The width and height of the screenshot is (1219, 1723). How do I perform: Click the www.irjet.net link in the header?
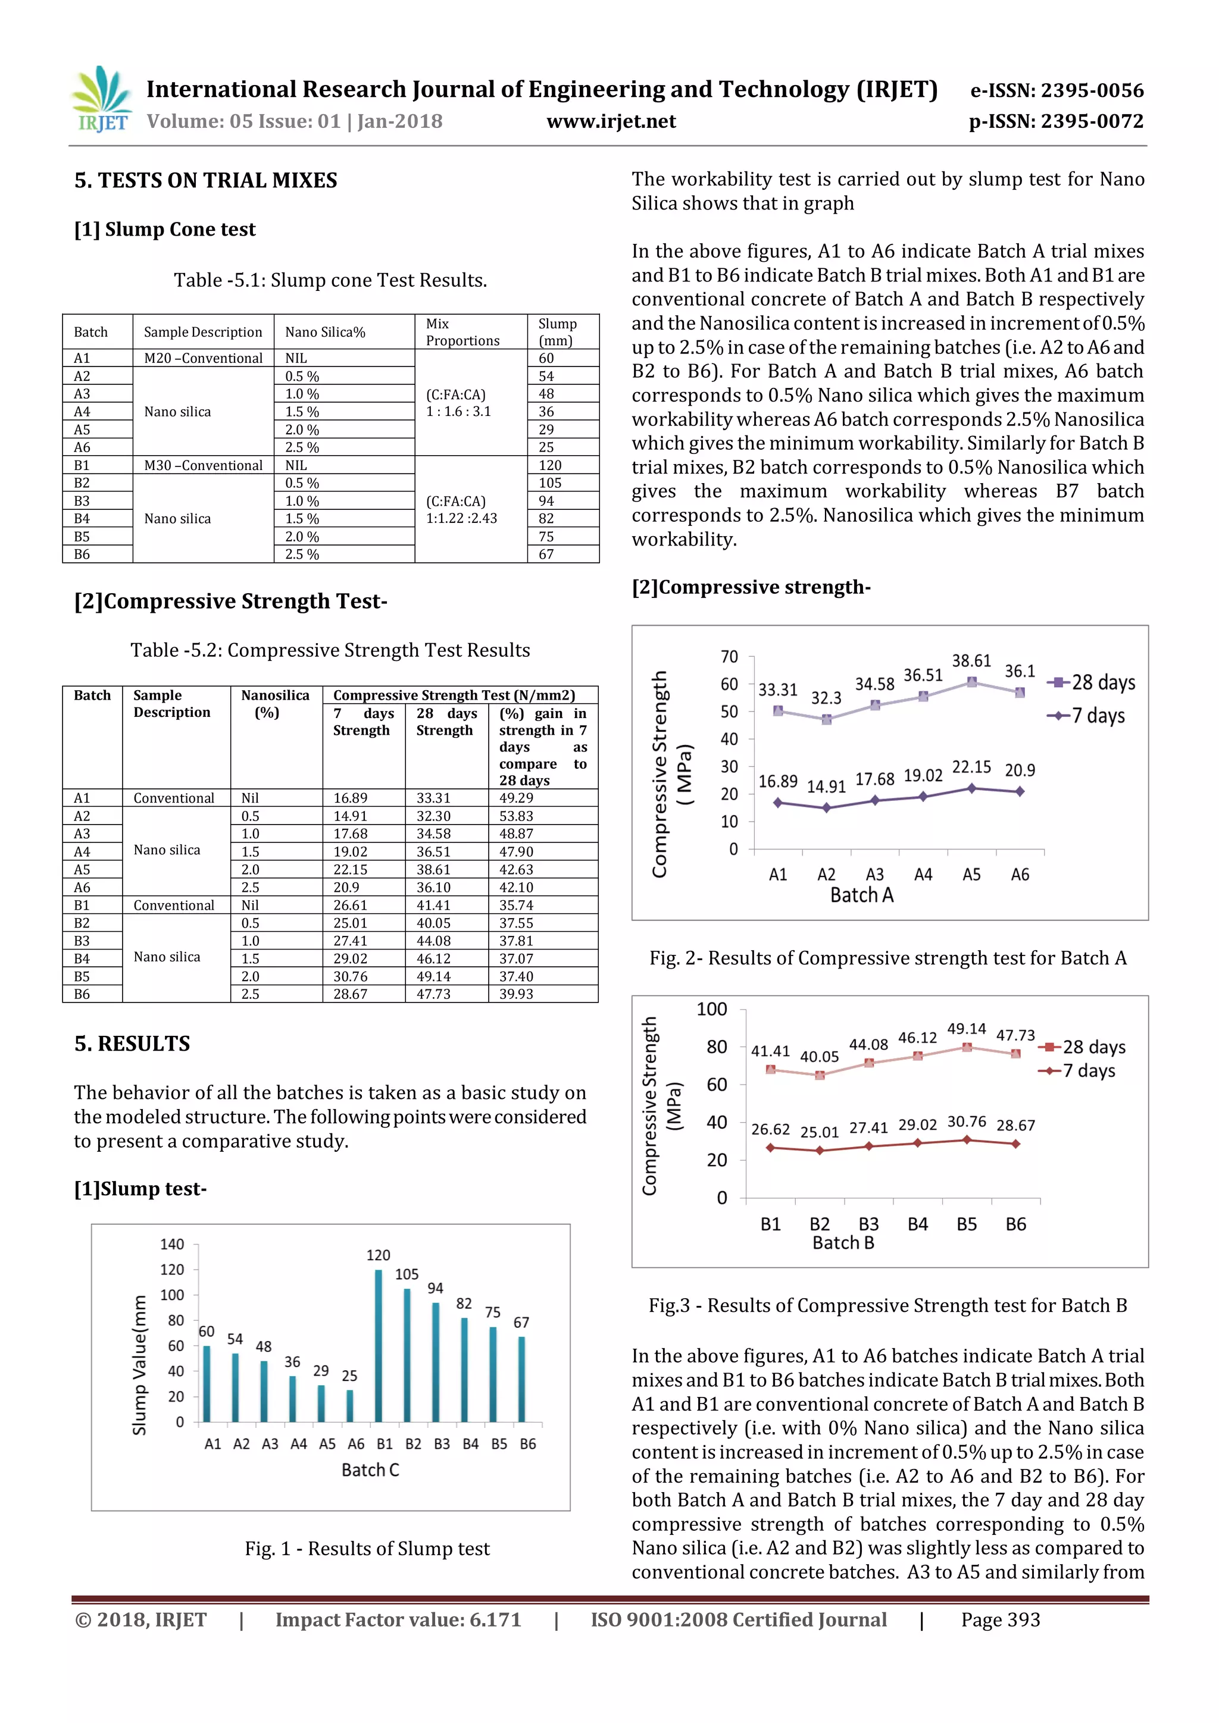coord(611,121)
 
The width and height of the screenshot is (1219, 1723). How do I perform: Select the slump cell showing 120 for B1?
coord(550,465)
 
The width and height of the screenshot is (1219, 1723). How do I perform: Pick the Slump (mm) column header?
coord(557,332)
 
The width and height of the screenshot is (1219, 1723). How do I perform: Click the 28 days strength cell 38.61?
coord(434,869)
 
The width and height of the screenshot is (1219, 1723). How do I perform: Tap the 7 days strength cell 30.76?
coord(351,976)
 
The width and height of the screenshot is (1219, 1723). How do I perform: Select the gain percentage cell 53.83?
coord(517,816)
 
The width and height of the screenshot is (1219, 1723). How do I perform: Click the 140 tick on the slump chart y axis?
coord(172,1244)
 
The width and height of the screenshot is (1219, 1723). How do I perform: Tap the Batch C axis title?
coord(370,1470)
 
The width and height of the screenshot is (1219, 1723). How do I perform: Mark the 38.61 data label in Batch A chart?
coord(971,661)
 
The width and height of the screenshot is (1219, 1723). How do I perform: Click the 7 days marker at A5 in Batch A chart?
coord(971,788)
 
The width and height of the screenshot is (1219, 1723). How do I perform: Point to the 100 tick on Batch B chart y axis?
coord(712,1009)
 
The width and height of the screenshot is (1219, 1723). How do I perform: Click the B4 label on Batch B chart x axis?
coord(917,1224)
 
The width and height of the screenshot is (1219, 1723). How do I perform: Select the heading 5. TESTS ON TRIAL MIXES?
coord(206,181)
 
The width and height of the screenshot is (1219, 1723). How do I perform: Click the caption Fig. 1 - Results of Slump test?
coord(367,1548)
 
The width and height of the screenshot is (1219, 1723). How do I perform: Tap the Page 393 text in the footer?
coord(1001,1619)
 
